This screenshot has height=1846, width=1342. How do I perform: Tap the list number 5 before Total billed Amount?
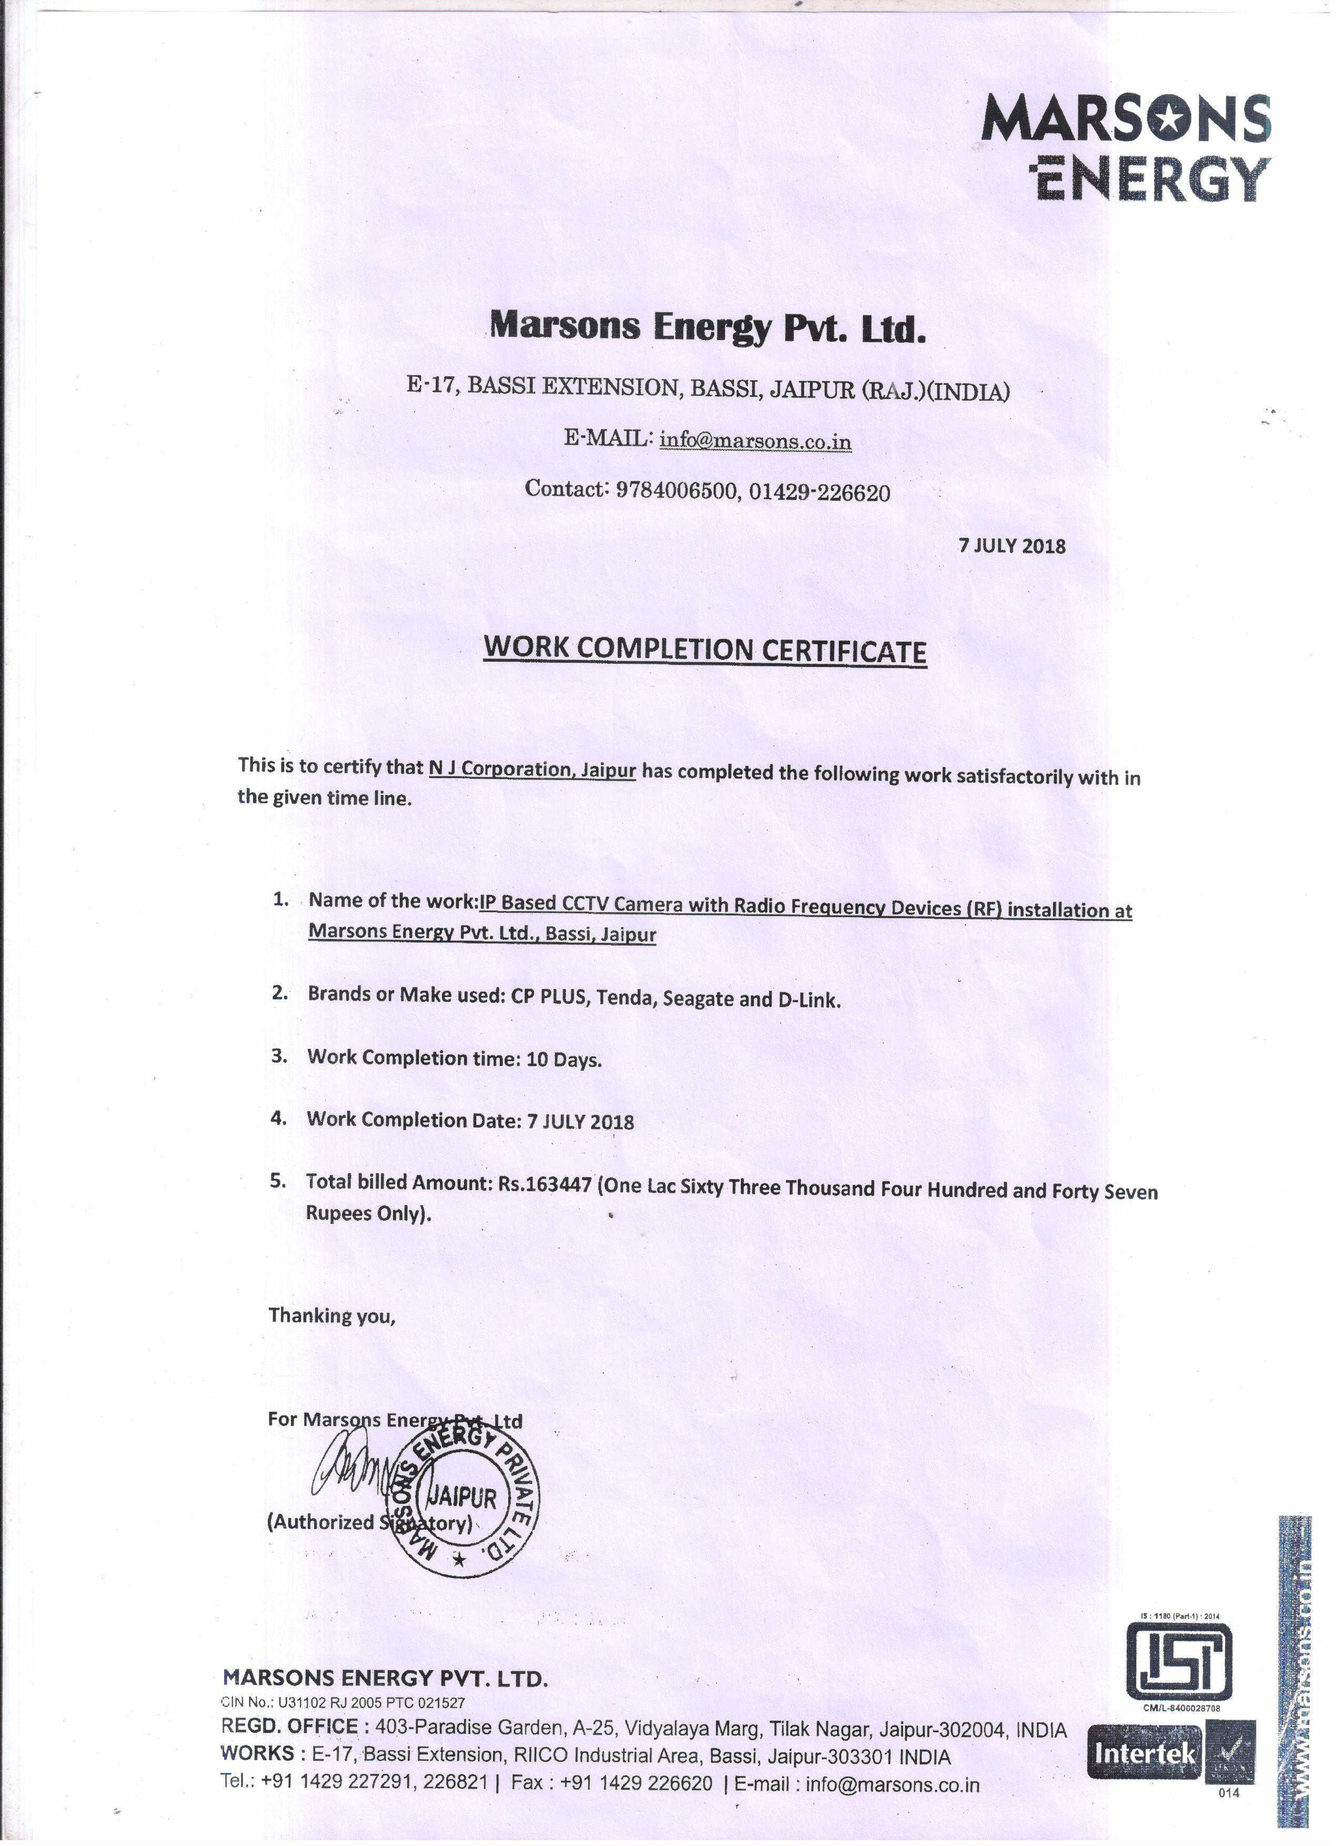(x=279, y=1182)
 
